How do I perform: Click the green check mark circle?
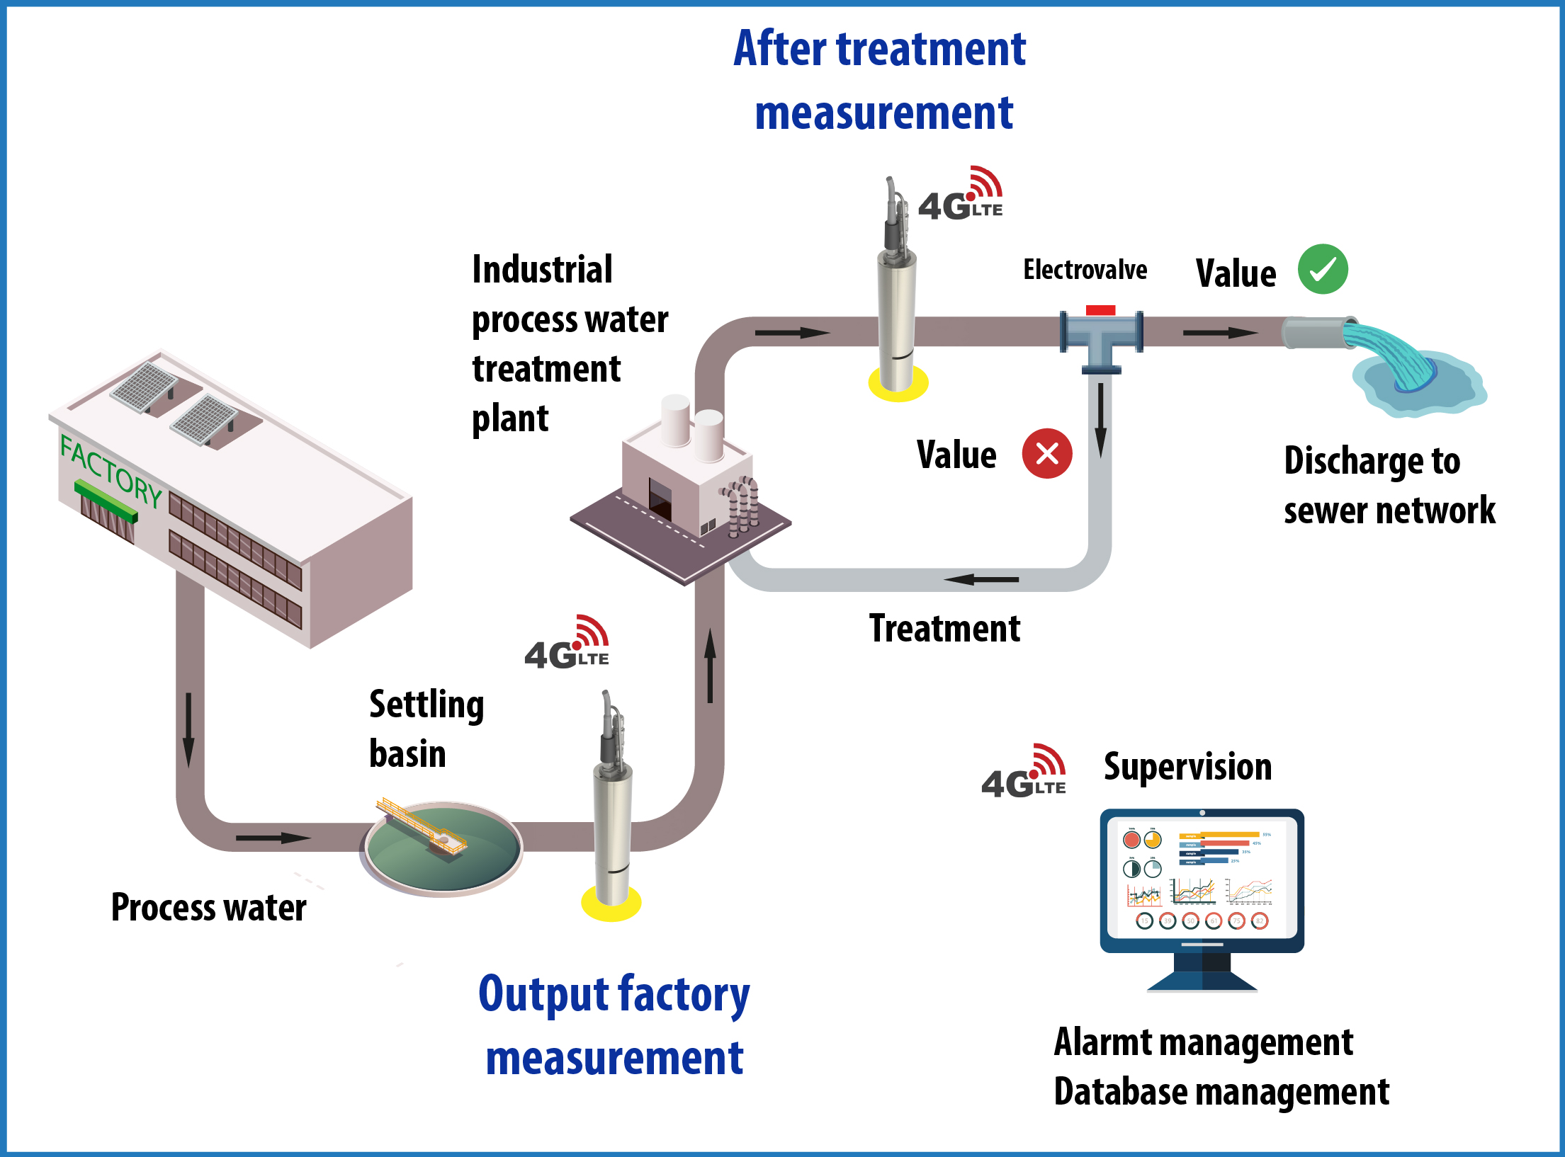[1323, 269]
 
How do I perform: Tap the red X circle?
[1047, 453]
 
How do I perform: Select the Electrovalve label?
[1085, 270]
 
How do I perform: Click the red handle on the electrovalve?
[1100, 310]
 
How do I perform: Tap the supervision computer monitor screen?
[1202, 878]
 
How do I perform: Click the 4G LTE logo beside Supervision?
[1024, 773]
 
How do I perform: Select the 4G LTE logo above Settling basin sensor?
[567, 644]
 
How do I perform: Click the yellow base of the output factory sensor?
[611, 904]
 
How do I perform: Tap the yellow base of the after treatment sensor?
[898, 384]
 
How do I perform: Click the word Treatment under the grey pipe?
[944, 629]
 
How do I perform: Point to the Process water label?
[209, 908]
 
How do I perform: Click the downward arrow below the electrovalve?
[1101, 421]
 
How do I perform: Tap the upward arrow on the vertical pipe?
[710, 666]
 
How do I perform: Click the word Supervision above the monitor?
[1187, 768]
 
